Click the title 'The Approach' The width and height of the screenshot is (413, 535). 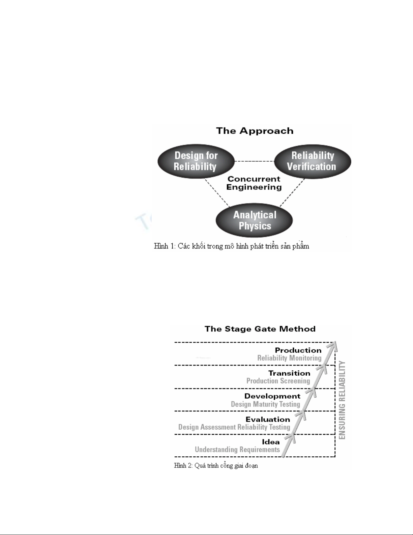tap(255, 131)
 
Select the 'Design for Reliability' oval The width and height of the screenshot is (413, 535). tap(196, 161)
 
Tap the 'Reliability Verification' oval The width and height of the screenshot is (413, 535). tap(312, 161)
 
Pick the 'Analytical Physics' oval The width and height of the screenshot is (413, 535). tap(255, 220)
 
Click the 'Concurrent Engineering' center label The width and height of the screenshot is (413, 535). tap(254, 183)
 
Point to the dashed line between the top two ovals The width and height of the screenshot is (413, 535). tap(254, 161)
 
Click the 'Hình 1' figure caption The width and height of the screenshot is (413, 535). tap(231, 246)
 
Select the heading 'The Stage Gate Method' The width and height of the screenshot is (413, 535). tap(260, 329)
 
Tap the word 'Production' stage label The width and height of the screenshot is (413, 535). tap(298, 350)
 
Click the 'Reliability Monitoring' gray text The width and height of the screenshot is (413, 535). tap(289, 358)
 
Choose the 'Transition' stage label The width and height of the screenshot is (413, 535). tap(289, 373)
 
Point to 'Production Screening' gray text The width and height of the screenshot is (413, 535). tap(278, 381)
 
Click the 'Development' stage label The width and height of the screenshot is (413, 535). tap(272, 396)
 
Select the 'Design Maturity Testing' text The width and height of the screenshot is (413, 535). tap(265, 404)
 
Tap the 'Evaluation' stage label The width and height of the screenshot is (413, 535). tap(268, 420)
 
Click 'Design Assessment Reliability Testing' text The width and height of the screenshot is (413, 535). tap(234, 427)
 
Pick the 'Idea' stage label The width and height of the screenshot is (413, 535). tap(271, 442)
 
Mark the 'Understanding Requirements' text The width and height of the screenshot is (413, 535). tap(237, 450)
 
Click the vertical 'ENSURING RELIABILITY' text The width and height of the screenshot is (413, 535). tap(342, 400)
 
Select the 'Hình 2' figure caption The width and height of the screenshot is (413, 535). tap(216, 466)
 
